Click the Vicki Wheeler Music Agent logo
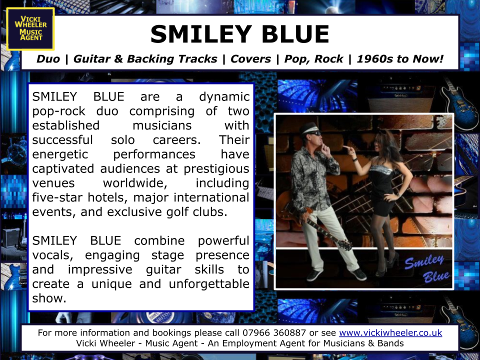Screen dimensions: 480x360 click(30, 29)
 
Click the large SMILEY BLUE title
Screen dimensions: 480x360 click(239, 34)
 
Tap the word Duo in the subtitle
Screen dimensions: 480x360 click(48, 59)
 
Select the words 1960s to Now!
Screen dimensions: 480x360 click(400, 59)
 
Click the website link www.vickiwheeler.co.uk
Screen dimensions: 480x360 click(390, 333)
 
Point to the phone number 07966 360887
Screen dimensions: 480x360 click(274, 333)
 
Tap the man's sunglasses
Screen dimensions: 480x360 click(314, 133)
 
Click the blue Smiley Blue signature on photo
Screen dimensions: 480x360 click(427, 268)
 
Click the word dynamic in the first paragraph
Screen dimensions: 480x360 click(224, 97)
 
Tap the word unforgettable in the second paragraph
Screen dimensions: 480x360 click(209, 284)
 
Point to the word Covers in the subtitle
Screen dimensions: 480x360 click(250, 59)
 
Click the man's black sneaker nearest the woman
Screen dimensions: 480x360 click(359, 274)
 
